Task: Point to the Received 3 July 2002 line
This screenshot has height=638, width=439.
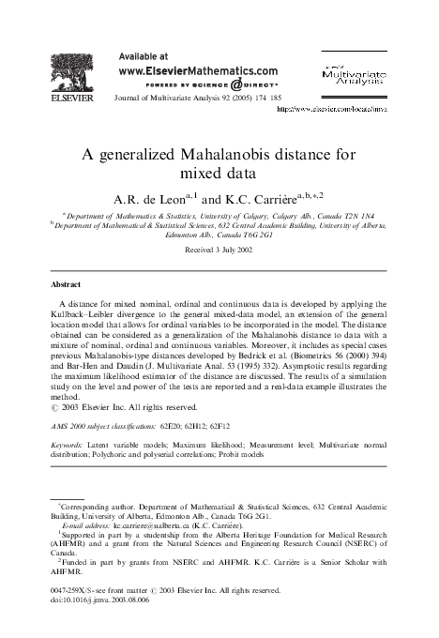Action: pos(219,252)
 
